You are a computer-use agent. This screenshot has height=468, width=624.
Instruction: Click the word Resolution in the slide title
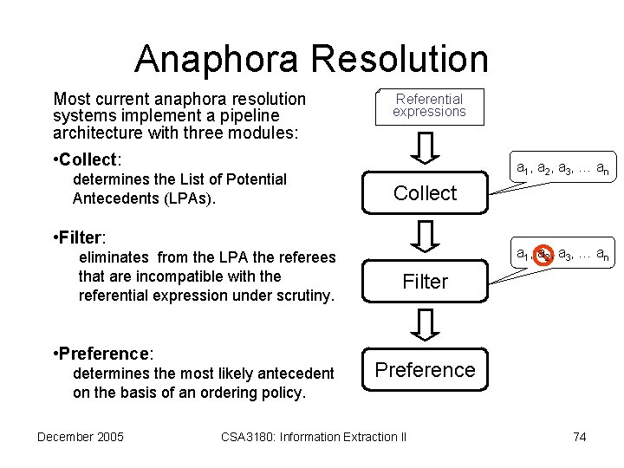[404, 59]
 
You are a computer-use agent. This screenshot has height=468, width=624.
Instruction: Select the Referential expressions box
[429, 106]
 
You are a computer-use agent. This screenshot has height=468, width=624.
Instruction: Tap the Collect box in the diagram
[425, 193]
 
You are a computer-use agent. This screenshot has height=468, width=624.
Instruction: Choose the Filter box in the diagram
[425, 282]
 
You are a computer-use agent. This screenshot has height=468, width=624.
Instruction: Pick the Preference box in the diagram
[425, 370]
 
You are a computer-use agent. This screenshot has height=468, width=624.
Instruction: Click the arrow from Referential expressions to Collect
[425, 148]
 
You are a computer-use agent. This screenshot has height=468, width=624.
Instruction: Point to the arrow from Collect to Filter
[425, 237]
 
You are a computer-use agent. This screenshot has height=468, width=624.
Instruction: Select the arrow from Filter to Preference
[425, 325]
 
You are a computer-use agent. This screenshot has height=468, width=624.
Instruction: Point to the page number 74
[579, 437]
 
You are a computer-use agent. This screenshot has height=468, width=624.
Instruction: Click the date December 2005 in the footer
[81, 437]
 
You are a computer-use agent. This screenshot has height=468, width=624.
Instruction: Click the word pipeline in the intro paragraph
[250, 115]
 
